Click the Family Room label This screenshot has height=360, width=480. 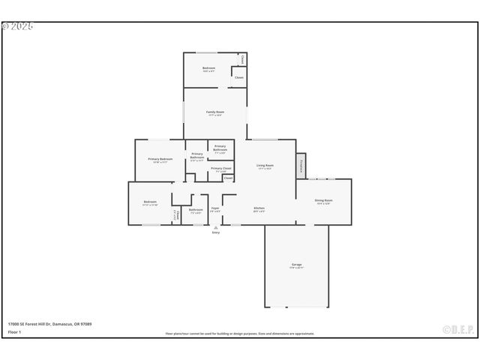point(216,112)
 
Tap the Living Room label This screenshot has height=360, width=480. point(265,165)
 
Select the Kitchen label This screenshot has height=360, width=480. point(259,208)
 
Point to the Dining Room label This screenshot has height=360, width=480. point(323,200)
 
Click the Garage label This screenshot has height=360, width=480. point(296,265)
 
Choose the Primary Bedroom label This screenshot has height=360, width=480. point(160,159)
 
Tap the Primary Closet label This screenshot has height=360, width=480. point(220,168)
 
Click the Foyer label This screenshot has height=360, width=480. point(214,208)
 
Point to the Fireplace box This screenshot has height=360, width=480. point(301,165)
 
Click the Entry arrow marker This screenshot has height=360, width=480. point(216,227)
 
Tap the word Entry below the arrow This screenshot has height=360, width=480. point(216,232)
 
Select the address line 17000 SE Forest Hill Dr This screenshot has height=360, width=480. point(49,324)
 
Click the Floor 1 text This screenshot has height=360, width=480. point(13,331)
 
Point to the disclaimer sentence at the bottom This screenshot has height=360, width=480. point(240,334)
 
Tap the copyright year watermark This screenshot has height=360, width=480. point(18,26)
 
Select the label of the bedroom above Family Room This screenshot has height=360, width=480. point(209,68)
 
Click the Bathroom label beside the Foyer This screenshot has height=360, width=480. point(196,209)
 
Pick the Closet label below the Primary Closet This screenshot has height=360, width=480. point(228,178)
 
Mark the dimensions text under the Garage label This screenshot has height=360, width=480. point(296,268)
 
